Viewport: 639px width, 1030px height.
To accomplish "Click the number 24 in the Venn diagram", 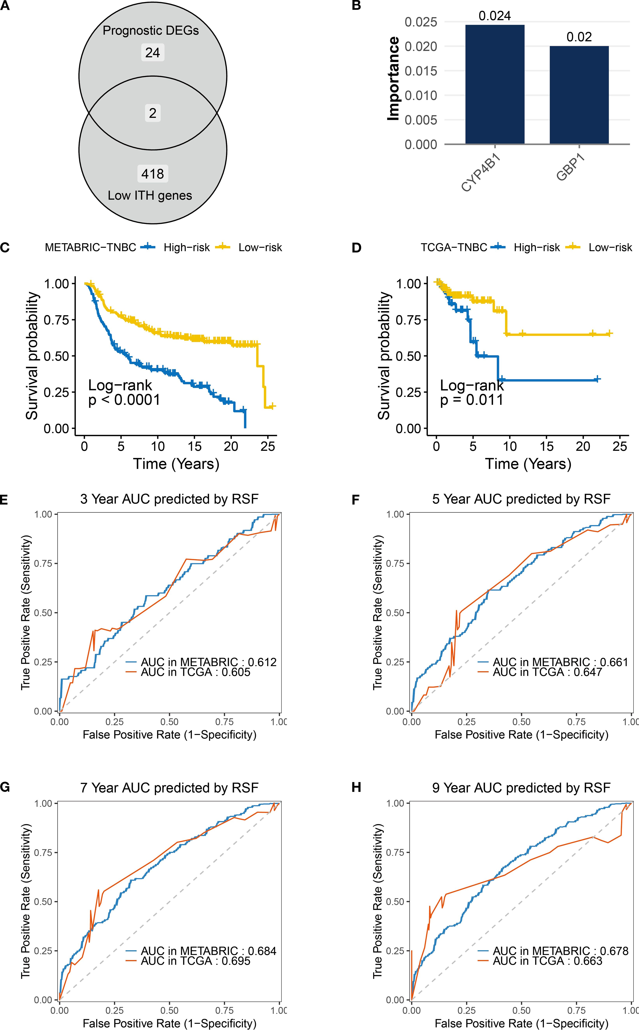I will coord(153,53).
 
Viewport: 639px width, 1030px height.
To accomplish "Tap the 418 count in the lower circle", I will coord(153,174).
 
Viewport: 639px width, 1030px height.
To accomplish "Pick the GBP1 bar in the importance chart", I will coord(579,95).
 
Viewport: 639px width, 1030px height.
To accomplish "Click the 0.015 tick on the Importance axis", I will coord(421,71).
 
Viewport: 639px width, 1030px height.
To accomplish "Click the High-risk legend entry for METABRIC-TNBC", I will coord(186,248).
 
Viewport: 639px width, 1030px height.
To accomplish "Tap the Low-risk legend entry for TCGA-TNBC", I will coord(610,248).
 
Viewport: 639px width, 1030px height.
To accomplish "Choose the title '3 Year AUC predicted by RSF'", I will coord(169,499).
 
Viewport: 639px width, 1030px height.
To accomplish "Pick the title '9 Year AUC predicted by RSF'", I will coord(521,788).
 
